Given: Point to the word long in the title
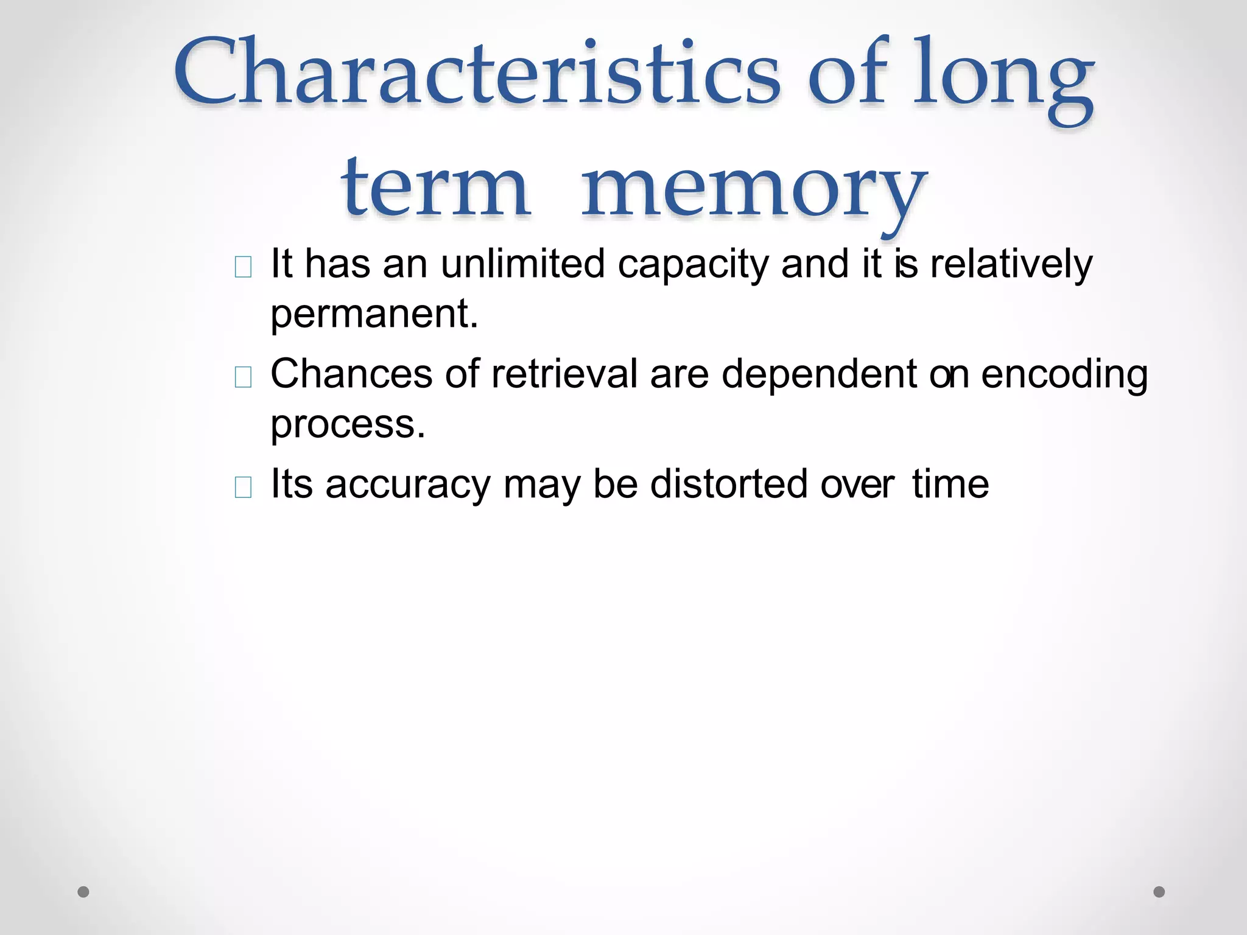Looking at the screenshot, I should tap(1003, 79).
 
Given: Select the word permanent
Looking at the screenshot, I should tap(373, 315).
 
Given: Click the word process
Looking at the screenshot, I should tap(347, 424).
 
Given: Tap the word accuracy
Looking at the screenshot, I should tap(407, 486).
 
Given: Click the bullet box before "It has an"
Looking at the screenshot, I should tap(243, 267).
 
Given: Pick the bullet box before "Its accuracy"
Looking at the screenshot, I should tap(243, 488).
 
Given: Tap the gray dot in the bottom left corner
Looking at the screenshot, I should tap(83, 892).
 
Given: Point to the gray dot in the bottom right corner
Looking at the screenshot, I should tap(1159, 892).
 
